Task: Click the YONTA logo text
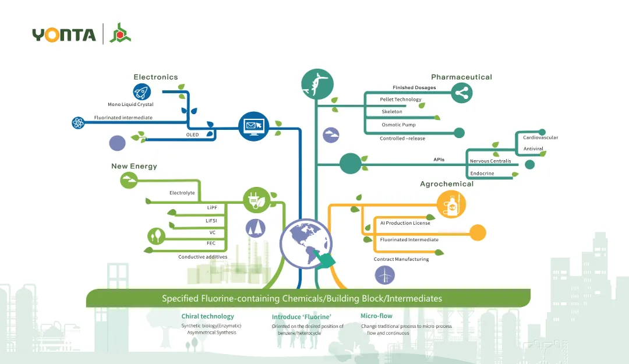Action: [64, 34]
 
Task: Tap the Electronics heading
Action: [156, 77]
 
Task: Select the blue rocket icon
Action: [142, 91]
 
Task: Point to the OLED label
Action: [192, 135]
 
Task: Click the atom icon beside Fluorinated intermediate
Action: [79, 122]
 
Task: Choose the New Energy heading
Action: [134, 167]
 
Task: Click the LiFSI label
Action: [211, 220]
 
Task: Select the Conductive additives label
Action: [203, 257]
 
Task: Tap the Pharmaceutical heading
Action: [461, 77]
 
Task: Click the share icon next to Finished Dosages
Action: [461, 93]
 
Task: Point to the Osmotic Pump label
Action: [398, 125]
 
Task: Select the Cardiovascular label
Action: [540, 137]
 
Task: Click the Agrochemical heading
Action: [447, 184]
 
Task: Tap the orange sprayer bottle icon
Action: [451, 205]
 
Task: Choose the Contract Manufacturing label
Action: [401, 259]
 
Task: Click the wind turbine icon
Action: [384, 274]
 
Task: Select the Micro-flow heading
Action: [376, 316]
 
